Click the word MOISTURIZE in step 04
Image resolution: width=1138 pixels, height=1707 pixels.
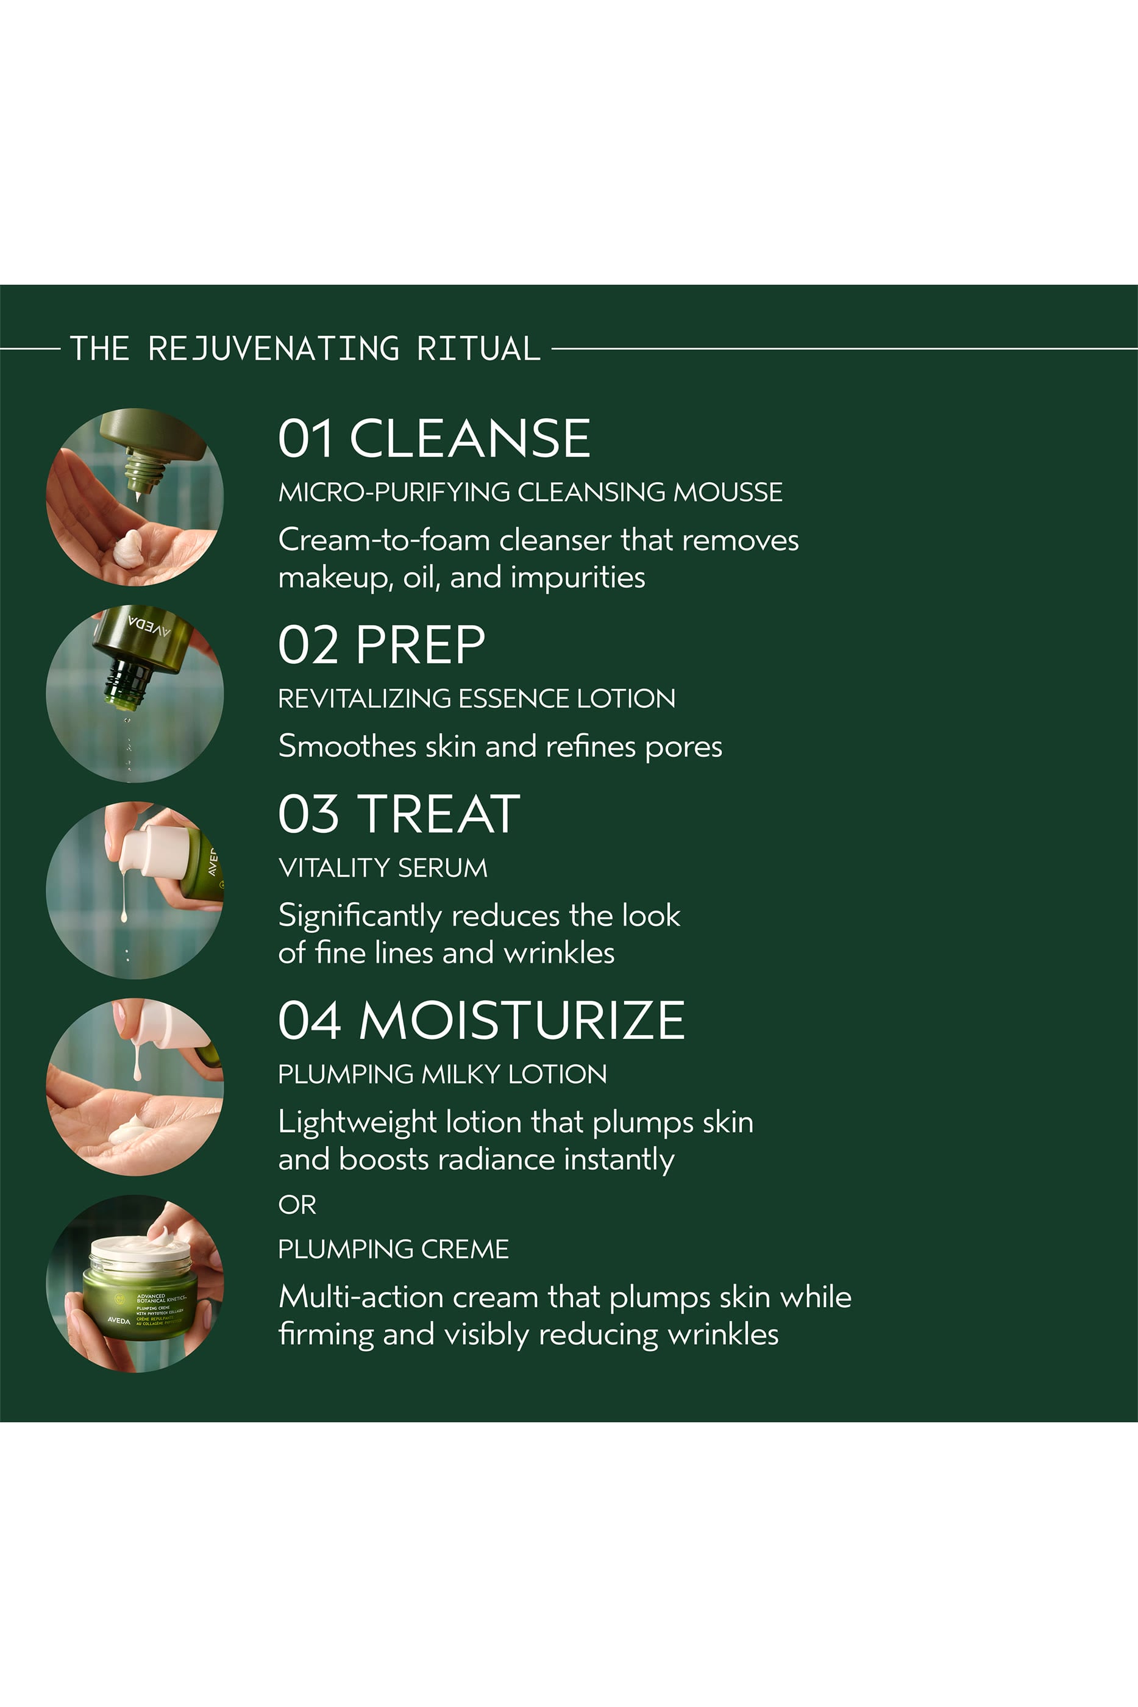(x=521, y=1020)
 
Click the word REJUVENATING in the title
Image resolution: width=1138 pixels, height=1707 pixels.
(x=273, y=348)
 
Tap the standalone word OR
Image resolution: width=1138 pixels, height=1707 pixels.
(x=297, y=1205)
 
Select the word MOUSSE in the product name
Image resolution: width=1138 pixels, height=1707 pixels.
(x=727, y=492)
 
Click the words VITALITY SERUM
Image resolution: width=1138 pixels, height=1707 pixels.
(x=382, y=868)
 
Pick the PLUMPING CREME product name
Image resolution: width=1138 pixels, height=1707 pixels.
(x=393, y=1249)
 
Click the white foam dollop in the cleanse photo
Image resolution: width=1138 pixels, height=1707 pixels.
(x=129, y=548)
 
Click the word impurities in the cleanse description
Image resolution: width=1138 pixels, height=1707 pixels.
(x=577, y=578)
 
